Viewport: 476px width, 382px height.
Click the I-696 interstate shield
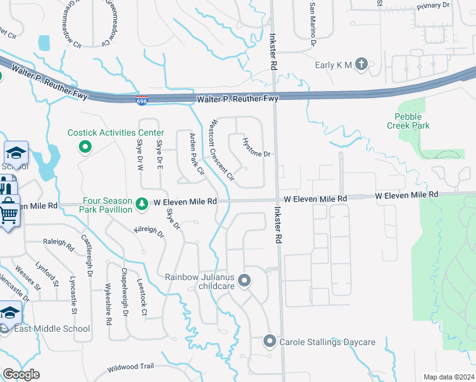pyautogui.click(x=141, y=100)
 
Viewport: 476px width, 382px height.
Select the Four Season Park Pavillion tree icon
pyautogui.click(x=142, y=206)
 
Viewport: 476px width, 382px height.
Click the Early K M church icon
pyautogui.click(x=361, y=64)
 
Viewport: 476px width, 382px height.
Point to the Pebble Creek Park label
pyautogui.click(x=409, y=121)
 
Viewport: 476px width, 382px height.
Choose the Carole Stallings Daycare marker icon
pyautogui.click(x=269, y=342)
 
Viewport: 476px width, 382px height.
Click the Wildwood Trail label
pyautogui.click(x=130, y=367)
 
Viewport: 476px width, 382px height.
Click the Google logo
pyautogui.click(x=21, y=374)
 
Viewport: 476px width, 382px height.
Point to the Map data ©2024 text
pyautogui.click(x=448, y=377)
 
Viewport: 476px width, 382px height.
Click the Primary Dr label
pyautogui.click(x=433, y=6)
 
